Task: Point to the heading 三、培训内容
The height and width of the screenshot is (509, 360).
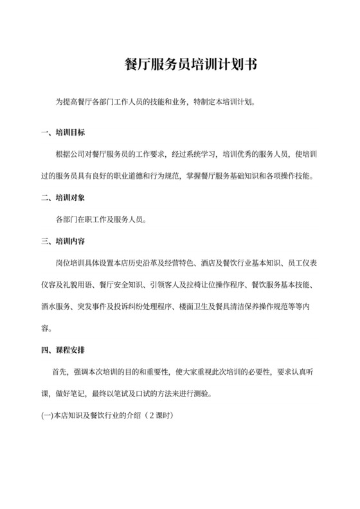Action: pos(63,242)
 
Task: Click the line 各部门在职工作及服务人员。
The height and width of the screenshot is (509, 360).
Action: pos(102,220)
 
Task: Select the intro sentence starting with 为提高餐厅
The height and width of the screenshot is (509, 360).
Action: pos(155,102)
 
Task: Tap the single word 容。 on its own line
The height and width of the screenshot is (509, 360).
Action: pos(46,328)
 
